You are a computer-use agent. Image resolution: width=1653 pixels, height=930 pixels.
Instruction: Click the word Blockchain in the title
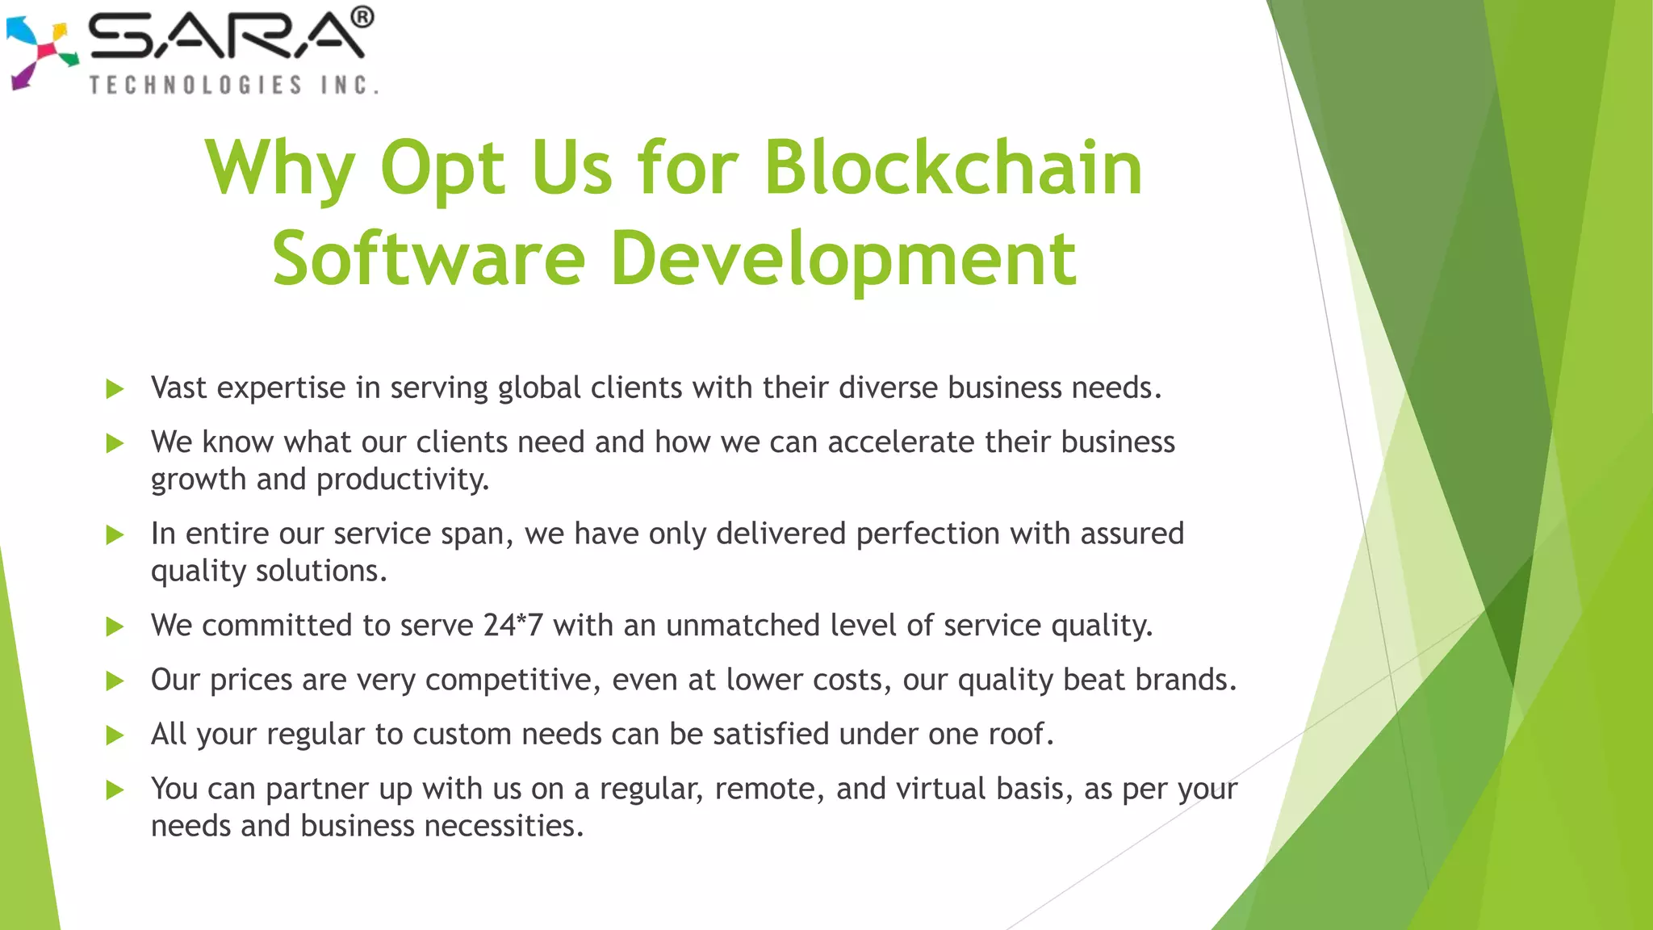point(952,168)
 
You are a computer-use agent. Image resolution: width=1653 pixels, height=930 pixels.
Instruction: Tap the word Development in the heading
point(843,259)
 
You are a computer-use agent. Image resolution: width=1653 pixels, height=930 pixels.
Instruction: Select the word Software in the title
point(429,259)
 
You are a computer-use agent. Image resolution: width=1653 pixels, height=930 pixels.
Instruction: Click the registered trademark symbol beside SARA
point(362,17)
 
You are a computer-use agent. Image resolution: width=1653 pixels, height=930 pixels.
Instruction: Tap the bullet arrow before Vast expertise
point(115,389)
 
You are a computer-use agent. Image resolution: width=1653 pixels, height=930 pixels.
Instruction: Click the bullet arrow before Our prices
point(115,681)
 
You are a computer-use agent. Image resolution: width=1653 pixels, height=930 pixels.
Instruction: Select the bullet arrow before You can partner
point(115,790)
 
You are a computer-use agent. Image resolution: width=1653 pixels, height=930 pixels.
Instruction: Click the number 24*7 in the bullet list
point(513,626)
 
